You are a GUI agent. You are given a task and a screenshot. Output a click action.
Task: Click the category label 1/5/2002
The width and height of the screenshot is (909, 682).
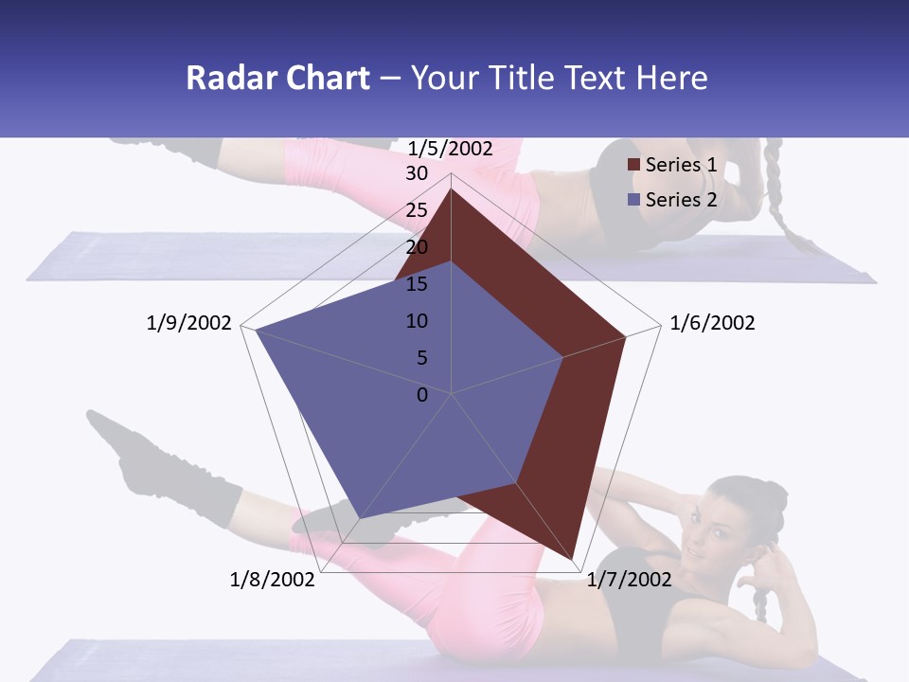tap(450, 149)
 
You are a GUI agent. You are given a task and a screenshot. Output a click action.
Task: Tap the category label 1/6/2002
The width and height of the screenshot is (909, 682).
tap(712, 323)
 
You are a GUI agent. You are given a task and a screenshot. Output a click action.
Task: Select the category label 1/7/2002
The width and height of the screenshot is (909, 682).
tap(629, 580)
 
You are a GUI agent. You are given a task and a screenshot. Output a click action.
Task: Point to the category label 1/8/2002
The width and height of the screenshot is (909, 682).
tap(272, 580)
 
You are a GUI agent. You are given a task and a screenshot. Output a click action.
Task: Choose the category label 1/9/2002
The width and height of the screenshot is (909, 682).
tap(188, 323)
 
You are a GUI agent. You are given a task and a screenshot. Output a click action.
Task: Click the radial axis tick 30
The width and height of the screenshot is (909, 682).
tap(417, 174)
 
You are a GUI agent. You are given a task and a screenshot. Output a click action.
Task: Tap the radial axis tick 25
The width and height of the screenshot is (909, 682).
tap(417, 211)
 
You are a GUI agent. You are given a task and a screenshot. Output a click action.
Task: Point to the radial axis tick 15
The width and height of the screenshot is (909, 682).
tap(417, 284)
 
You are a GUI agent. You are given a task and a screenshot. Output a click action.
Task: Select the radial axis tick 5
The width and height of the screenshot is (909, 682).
tap(421, 358)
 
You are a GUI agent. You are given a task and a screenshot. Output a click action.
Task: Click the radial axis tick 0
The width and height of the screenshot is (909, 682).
tap(422, 395)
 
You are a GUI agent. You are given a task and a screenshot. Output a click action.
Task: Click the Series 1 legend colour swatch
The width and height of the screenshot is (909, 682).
tap(633, 166)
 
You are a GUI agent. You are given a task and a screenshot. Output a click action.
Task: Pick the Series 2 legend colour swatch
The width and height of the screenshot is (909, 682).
tap(633, 200)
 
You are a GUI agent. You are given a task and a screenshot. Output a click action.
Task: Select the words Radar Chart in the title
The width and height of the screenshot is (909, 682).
tap(277, 78)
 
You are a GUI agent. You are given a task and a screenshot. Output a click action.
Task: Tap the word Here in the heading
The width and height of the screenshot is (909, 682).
tap(671, 78)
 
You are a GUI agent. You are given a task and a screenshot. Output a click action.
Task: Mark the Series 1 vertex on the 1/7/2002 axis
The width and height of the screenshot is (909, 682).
tap(573, 559)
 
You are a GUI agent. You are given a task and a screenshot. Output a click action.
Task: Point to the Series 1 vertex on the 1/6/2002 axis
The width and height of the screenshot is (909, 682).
tap(626, 336)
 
